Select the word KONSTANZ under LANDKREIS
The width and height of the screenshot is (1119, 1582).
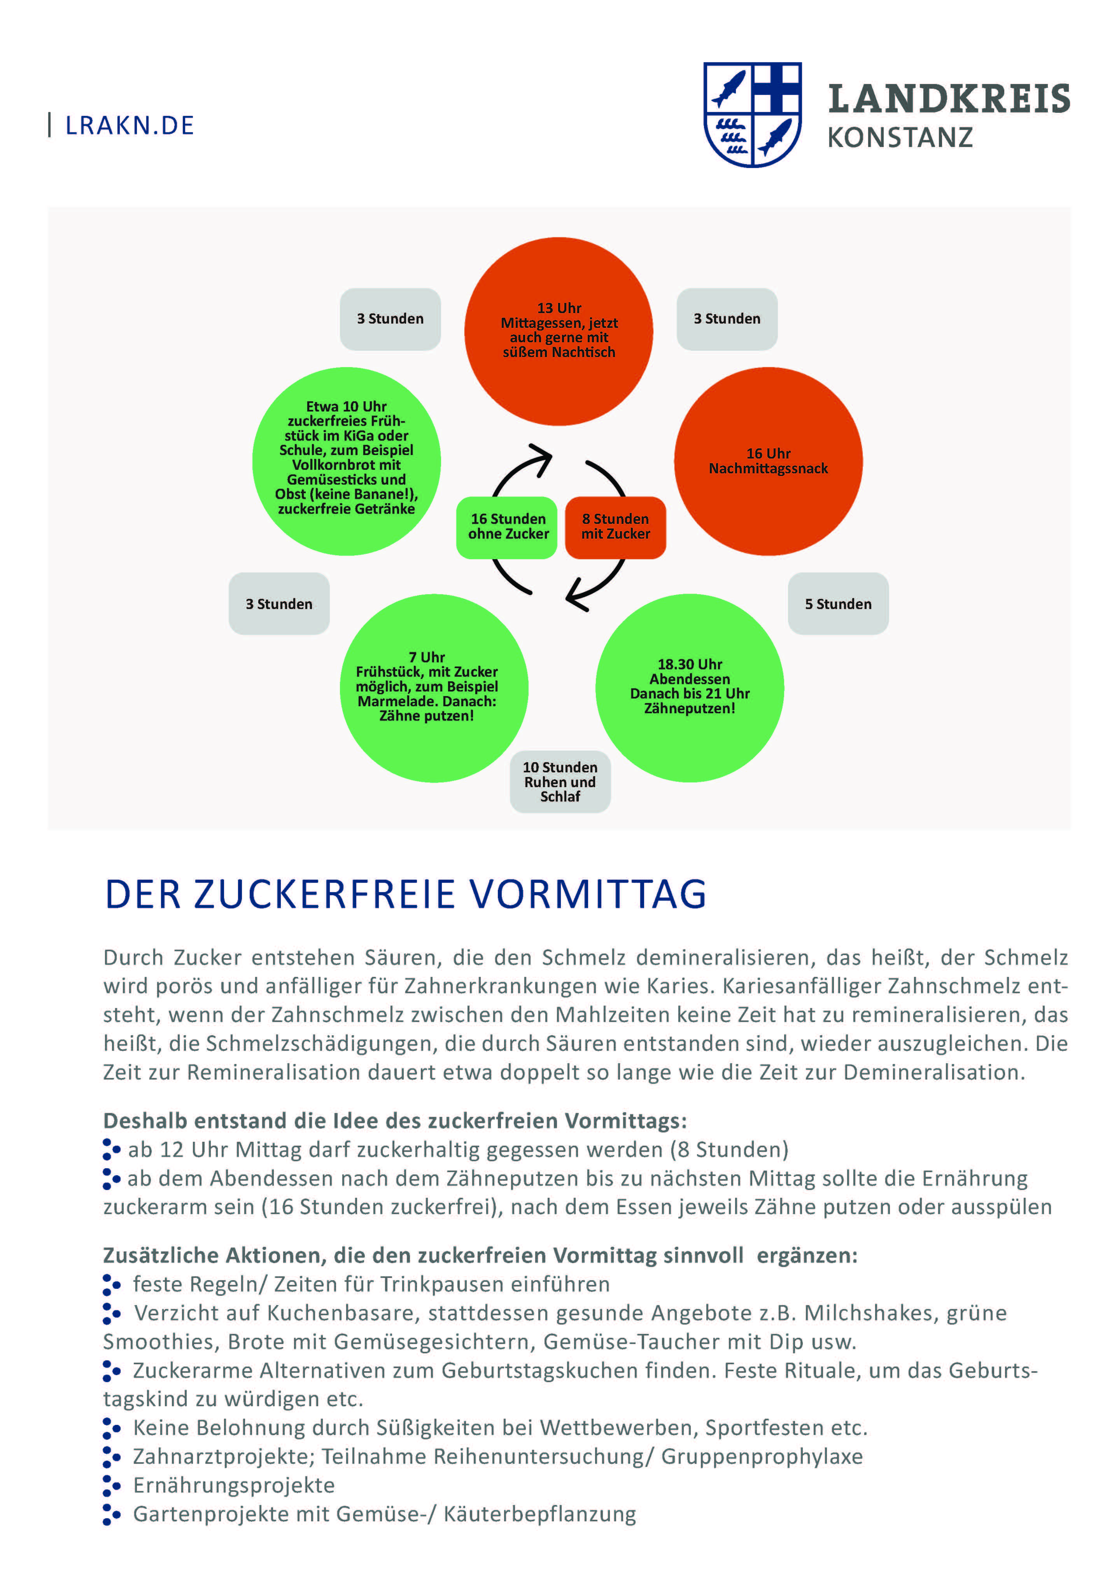(x=900, y=138)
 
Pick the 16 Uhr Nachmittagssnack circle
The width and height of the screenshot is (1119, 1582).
(x=768, y=461)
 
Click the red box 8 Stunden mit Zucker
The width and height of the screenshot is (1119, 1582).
(x=615, y=527)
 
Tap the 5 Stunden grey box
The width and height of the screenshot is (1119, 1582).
(x=838, y=604)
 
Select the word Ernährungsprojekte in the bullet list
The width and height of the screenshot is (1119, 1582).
(x=234, y=1485)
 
